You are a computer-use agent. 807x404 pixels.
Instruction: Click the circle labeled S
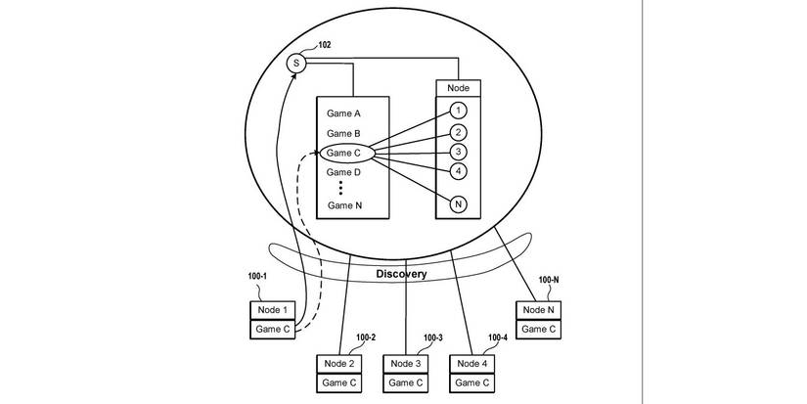pos(297,64)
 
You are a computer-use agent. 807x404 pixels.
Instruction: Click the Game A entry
pos(344,113)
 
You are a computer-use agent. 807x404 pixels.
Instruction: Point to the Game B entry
pos(344,133)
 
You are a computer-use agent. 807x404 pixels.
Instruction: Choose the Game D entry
pos(344,172)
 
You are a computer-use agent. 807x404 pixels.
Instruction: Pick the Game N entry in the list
pos(344,205)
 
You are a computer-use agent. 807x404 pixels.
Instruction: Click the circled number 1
pos(458,111)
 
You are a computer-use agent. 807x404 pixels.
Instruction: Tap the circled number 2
pos(458,132)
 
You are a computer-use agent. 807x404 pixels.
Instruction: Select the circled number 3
pos(458,152)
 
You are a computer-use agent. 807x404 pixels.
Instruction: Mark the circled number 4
pos(458,171)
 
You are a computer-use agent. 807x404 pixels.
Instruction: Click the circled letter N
pos(458,204)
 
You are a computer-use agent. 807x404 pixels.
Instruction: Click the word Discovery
pos(401,274)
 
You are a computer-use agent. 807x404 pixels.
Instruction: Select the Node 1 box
pos(271,310)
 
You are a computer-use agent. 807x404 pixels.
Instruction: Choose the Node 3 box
pos(406,364)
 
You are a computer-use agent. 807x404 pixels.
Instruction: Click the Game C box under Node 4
pos(472,382)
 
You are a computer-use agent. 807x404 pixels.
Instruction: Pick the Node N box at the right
pos(539,310)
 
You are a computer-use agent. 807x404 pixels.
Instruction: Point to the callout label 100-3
pos(432,338)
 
